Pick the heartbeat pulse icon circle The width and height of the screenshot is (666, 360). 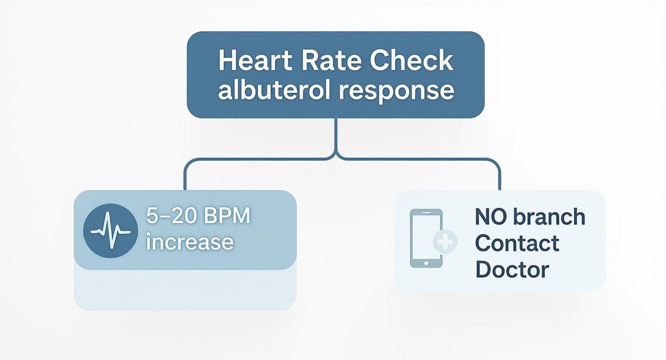click(x=111, y=231)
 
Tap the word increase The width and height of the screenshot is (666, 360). click(x=189, y=242)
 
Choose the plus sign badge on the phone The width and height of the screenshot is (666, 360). click(x=445, y=242)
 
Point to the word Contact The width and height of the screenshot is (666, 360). click(x=517, y=243)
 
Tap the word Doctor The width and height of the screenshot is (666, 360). click(x=512, y=270)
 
